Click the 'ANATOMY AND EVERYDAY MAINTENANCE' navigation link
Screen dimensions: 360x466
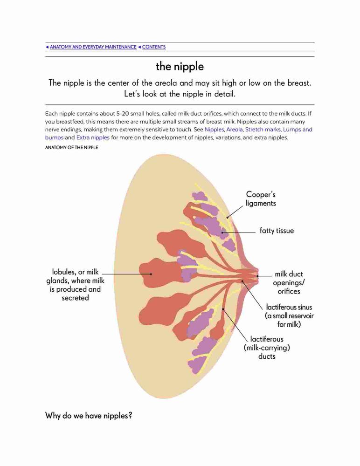click(93, 47)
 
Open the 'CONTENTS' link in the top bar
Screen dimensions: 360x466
click(154, 47)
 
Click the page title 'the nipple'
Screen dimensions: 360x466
click(180, 66)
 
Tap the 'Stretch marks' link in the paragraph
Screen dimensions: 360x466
click(263, 130)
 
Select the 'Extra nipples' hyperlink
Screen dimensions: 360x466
click(93, 137)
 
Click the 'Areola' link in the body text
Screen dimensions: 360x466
click(235, 130)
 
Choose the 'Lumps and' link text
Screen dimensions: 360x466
click(298, 130)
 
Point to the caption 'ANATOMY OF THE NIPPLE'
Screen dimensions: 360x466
click(71, 147)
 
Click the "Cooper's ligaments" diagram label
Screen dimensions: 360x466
click(261, 199)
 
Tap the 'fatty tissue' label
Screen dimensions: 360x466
click(277, 231)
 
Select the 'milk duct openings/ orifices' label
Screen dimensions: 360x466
click(289, 283)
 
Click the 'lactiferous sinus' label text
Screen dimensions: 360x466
click(289, 307)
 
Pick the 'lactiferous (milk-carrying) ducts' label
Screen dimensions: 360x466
click(267, 348)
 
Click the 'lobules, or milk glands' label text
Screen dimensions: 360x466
click(75, 276)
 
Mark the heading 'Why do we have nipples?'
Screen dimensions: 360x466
click(88, 416)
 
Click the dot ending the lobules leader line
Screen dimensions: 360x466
click(151, 274)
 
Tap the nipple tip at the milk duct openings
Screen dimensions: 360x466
click(258, 276)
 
